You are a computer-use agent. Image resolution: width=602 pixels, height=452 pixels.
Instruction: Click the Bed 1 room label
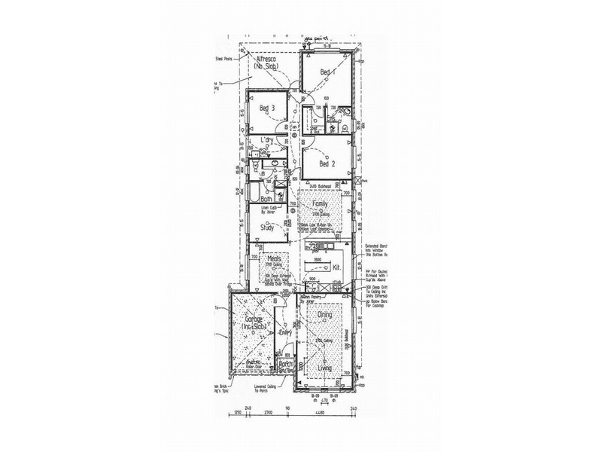[325, 72]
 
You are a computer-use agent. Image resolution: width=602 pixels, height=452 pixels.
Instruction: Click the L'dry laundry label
[266, 141]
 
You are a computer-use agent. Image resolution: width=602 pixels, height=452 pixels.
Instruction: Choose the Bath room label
[256, 199]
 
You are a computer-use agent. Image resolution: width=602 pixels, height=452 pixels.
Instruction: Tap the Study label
[266, 227]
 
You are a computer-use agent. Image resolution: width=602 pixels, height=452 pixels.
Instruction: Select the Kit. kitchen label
[337, 267]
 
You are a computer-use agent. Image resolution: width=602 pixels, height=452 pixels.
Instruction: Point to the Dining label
[324, 315]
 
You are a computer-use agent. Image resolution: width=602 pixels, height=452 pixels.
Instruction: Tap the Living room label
[324, 368]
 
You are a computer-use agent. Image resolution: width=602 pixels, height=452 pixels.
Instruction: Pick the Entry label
[285, 332]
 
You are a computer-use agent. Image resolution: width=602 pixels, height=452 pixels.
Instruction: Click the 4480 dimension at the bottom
[323, 413]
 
